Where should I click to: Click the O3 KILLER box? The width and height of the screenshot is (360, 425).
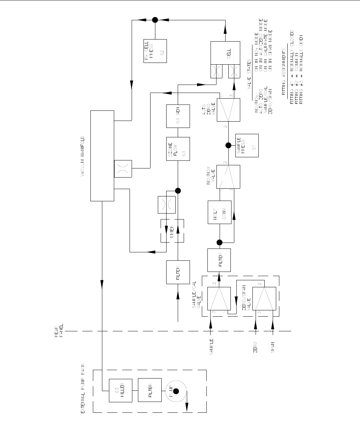[121, 390]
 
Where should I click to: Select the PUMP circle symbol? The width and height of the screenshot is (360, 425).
[176, 390]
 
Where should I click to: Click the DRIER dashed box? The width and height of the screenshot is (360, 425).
[172, 231]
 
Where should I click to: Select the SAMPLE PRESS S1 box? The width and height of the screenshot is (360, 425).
[248, 145]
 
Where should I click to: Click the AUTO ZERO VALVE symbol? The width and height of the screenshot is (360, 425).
[228, 110]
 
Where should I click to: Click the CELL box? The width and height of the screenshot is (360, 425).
[226, 55]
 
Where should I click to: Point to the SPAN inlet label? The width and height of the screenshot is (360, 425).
[273, 347]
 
